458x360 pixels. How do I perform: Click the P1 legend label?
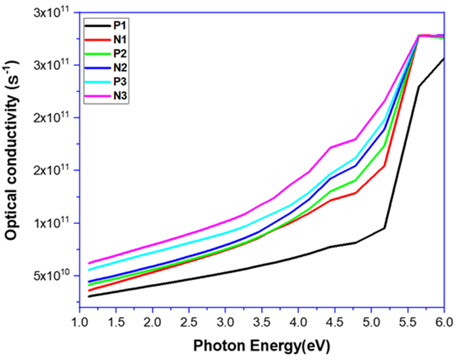coord(120,27)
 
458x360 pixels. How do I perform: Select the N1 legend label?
coord(120,41)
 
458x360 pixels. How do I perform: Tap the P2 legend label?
coord(120,55)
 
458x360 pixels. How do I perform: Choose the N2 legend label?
coord(120,69)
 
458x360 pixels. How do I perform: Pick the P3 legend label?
coord(120,83)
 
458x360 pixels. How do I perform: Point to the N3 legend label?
coord(120,98)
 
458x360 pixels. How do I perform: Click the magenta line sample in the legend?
coord(97,98)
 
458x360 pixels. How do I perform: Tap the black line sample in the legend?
coord(97,27)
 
